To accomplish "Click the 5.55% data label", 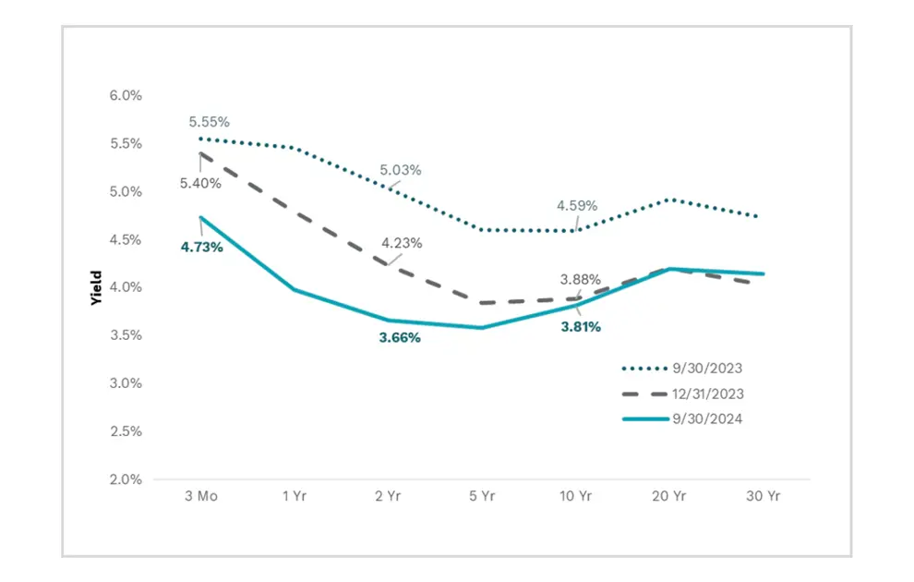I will [x=209, y=122].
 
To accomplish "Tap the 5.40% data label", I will [x=201, y=183].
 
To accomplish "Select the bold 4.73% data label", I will [x=201, y=247].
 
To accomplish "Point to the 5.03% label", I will [x=401, y=170].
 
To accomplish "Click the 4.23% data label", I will [x=402, y=243].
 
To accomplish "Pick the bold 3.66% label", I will [x=400, y=338].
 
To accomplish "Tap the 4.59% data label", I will [x=576, y=205].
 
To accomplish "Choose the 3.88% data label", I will [x=581, y=279].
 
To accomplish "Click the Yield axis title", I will [x=96, y=287].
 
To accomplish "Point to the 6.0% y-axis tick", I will [x=126, y=95].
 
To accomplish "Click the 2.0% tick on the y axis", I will [x=126, y=479].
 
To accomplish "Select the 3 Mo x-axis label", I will [x=200, y=496].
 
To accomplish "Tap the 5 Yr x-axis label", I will [x=482, y=496].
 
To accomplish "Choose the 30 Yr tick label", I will [x=764, y=496].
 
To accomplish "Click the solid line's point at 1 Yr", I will [x=295, y=290].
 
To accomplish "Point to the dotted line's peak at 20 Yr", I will [x=669, y=199].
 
